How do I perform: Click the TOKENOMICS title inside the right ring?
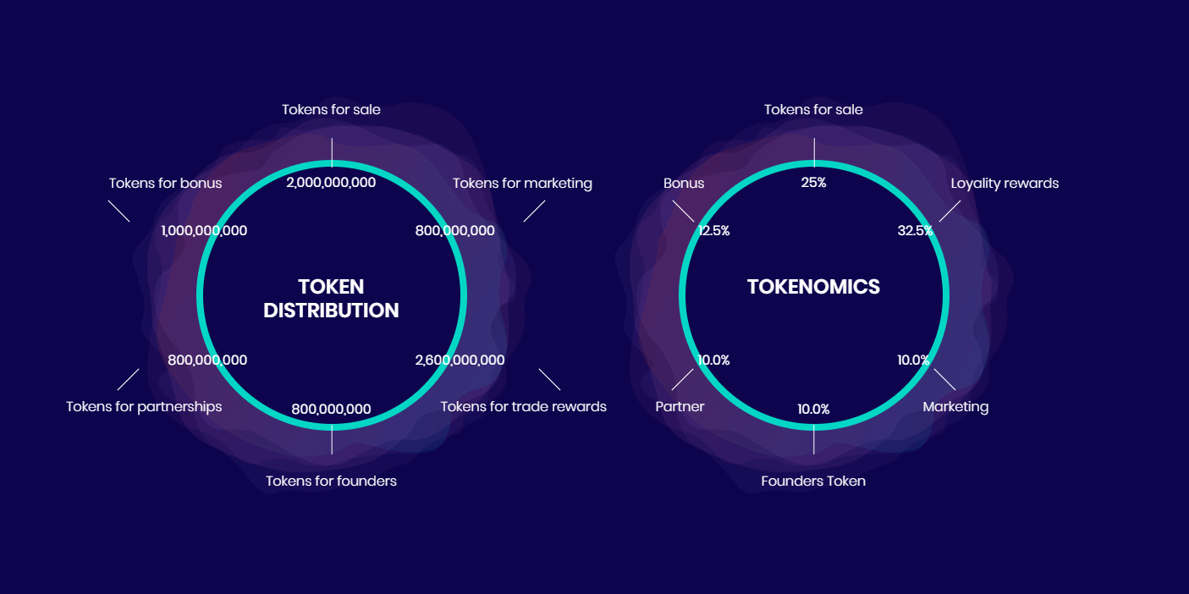pos(813,287)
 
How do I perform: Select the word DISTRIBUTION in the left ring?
pos(331,311)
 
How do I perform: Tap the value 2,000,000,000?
pos(331,182)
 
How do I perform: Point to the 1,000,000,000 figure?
pos(204,230)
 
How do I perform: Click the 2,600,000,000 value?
pos(460,360)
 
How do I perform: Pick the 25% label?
pos(813,182)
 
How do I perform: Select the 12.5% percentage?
pos(713,230)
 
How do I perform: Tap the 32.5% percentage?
pos(915,230)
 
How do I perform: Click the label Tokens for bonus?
pos(165,183)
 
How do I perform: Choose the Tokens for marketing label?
pos(522,183)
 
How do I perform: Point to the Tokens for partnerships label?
pos(144,406)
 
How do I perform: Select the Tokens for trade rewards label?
pos(523,406)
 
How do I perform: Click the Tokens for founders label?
pos(331,481)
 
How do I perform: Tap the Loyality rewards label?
pos(1005,183)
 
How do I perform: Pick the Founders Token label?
pos(813,481)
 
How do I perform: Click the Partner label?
pos(680,406)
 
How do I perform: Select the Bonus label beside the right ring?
pos(684,183)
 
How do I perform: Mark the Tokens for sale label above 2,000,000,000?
pos(331,109)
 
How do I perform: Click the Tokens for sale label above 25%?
pos(813,109)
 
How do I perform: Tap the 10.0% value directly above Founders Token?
pos(813,410)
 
